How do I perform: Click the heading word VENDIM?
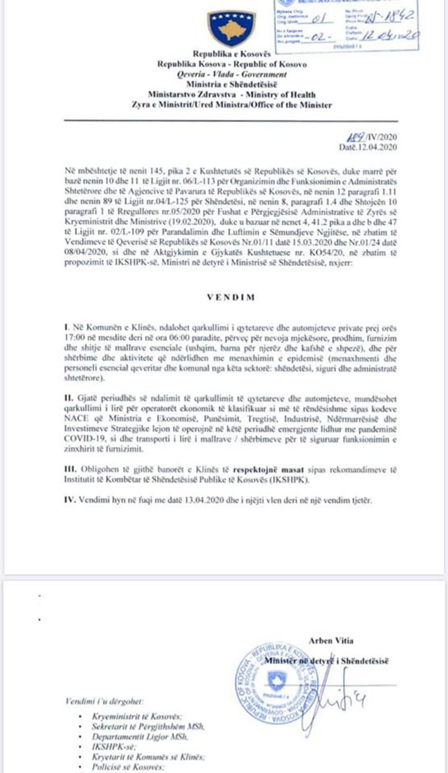point(231,297)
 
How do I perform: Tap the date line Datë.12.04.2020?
point(368,147)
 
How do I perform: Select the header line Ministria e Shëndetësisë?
point(231,85)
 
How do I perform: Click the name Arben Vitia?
point(331,641)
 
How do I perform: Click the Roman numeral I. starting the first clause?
point(67,328)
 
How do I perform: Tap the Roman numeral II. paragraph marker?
point(68,399)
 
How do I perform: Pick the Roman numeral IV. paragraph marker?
point(70,500)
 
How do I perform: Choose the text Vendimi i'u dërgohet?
point(104,701)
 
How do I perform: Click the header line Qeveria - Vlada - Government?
point(232,74)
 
